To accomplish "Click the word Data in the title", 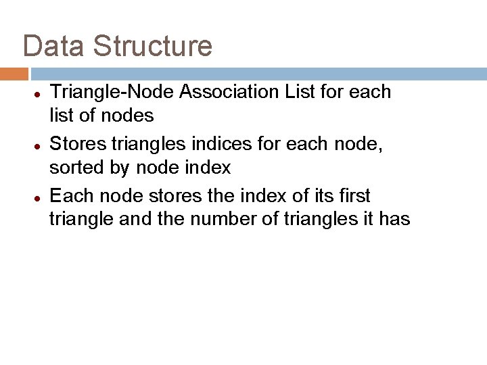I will tap(54, 46).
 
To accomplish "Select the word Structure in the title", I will tap(153, 46).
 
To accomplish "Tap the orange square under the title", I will tap(14, 73).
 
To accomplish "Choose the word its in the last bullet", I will tap(324, 197).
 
